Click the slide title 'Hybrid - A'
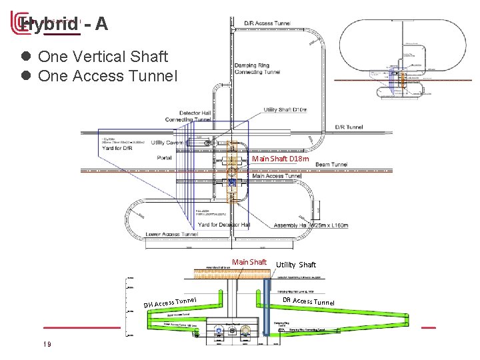coord(63,24)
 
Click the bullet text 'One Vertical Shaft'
coord(103,57)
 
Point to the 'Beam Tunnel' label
coord(331,165)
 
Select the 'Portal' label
coord(164,158)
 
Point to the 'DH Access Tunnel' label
coord(170,303)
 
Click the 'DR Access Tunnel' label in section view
coord(308,301)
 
